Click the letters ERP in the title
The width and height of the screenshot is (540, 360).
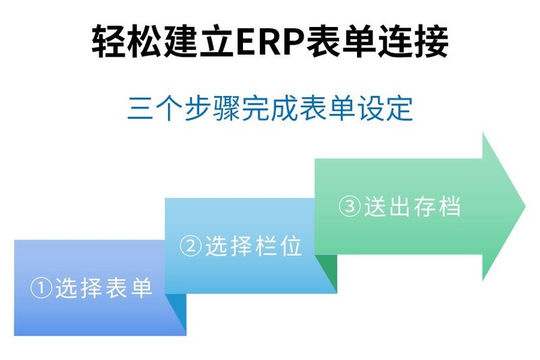(268, 42)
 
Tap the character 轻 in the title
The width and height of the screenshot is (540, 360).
(109, 42)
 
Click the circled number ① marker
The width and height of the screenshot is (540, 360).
(41, 288)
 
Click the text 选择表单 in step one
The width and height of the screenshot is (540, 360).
(104, 288)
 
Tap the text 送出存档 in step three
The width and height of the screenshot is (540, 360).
(412, 206)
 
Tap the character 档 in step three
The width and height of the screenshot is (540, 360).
(449, 206)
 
